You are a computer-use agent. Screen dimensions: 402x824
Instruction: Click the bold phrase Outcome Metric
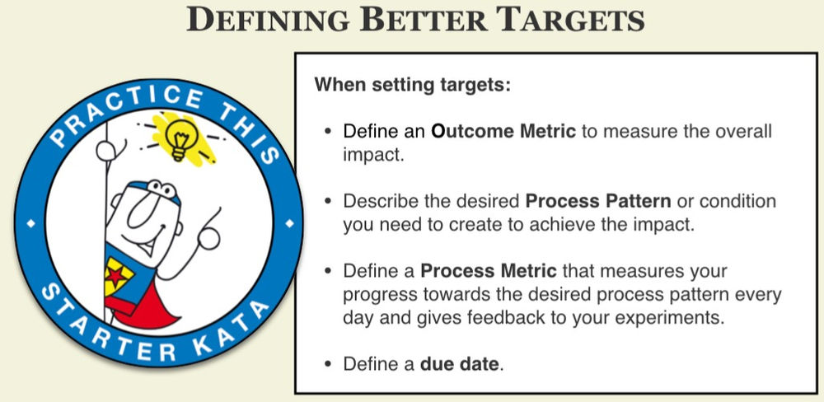503,132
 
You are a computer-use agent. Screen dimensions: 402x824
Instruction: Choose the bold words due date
460,363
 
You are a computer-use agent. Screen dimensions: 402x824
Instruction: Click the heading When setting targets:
412,85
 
